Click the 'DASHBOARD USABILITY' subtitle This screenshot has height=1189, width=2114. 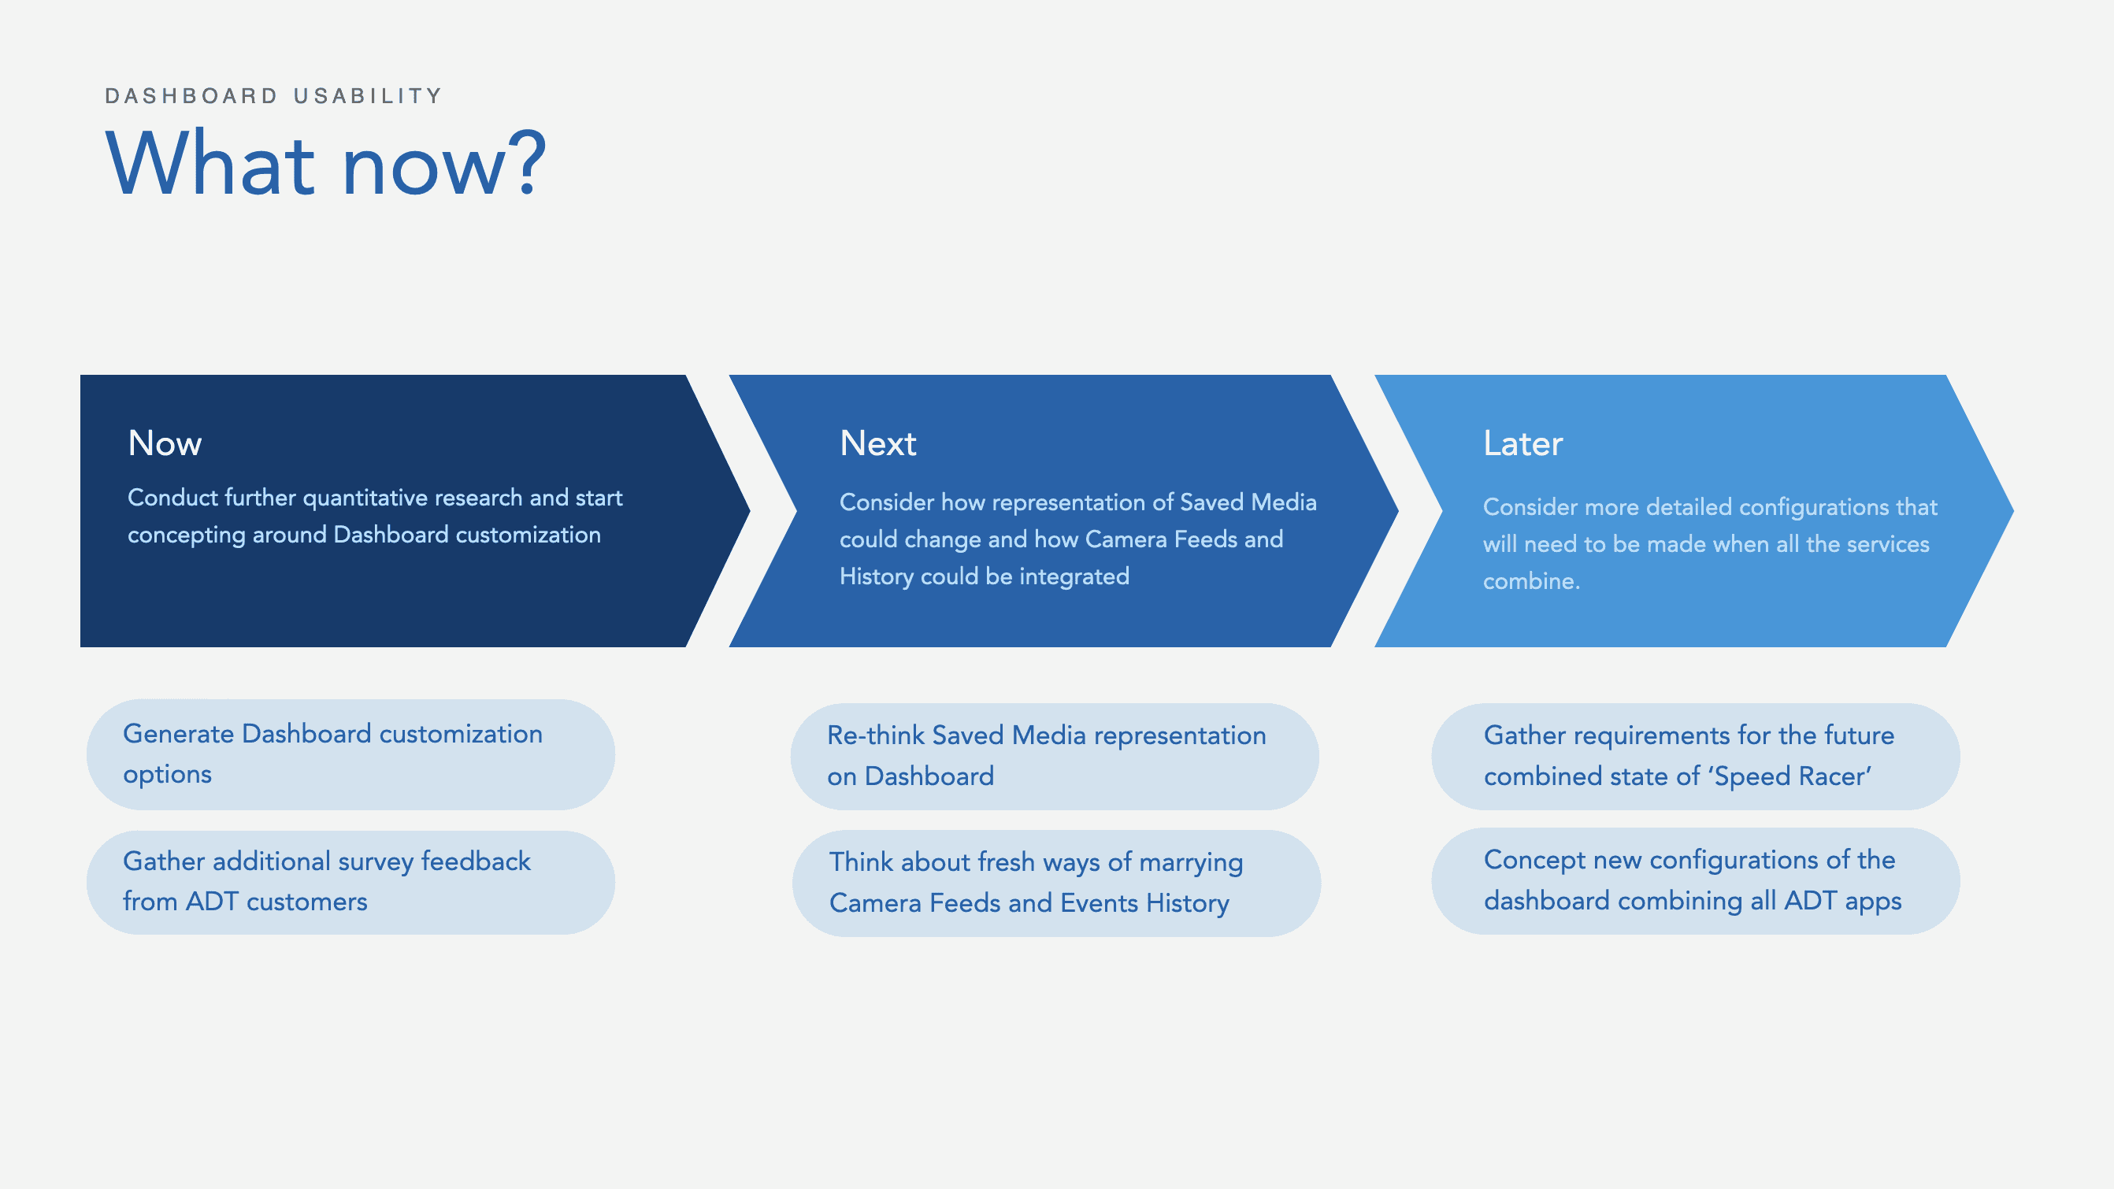(x=273, y=96)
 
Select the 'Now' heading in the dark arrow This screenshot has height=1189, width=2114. (x=165, y=443)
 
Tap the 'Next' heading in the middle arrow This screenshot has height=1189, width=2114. (x=877, y=443)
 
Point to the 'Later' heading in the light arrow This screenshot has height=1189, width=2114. (x=1522, y=443)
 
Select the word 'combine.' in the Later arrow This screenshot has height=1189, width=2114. (x=1530, y=581)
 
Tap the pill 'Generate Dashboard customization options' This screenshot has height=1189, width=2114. (x=350, y=754)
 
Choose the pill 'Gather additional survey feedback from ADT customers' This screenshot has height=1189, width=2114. (x=350, y=882)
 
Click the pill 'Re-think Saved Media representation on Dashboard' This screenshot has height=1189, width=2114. (x=1055, y=756)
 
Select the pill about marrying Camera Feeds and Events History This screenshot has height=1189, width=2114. (x=1056, y=883)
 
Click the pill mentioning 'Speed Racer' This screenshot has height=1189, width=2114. (x=1696, y=756)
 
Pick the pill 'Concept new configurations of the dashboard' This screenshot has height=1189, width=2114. (x=1696, y=880)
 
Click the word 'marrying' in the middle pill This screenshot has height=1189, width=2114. (x=1191, y=863)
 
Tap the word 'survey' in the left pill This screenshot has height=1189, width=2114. (x=376, y=861)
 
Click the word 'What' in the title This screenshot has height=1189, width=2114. (x=211, y=162)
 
